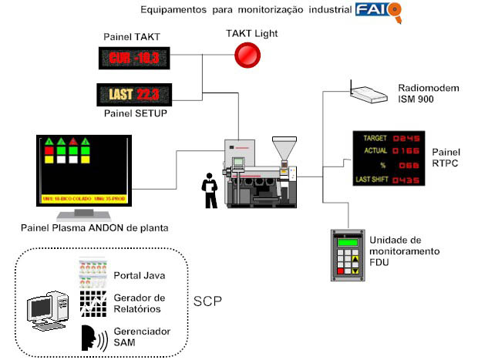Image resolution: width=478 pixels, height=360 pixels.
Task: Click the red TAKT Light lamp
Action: click(247, 55)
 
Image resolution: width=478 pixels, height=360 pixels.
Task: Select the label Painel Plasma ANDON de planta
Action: click(96, 227)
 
